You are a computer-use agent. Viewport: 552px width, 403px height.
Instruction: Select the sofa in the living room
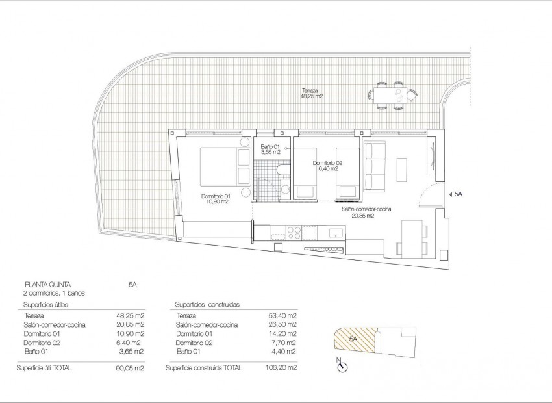pos(375,166)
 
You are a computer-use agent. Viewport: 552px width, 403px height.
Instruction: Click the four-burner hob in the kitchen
pos(293,232)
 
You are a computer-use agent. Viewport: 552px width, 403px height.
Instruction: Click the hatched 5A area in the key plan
pos(354,342)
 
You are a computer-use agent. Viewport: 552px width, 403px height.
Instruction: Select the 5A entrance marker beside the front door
pos(457,194)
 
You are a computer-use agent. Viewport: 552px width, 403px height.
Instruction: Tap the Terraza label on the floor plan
pos(310,90)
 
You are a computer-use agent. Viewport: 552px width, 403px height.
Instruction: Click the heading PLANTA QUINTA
pos(47,284)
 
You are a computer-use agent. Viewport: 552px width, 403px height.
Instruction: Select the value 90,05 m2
pos(132,368)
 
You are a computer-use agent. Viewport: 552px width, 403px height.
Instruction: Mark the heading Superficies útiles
pos(45,304)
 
